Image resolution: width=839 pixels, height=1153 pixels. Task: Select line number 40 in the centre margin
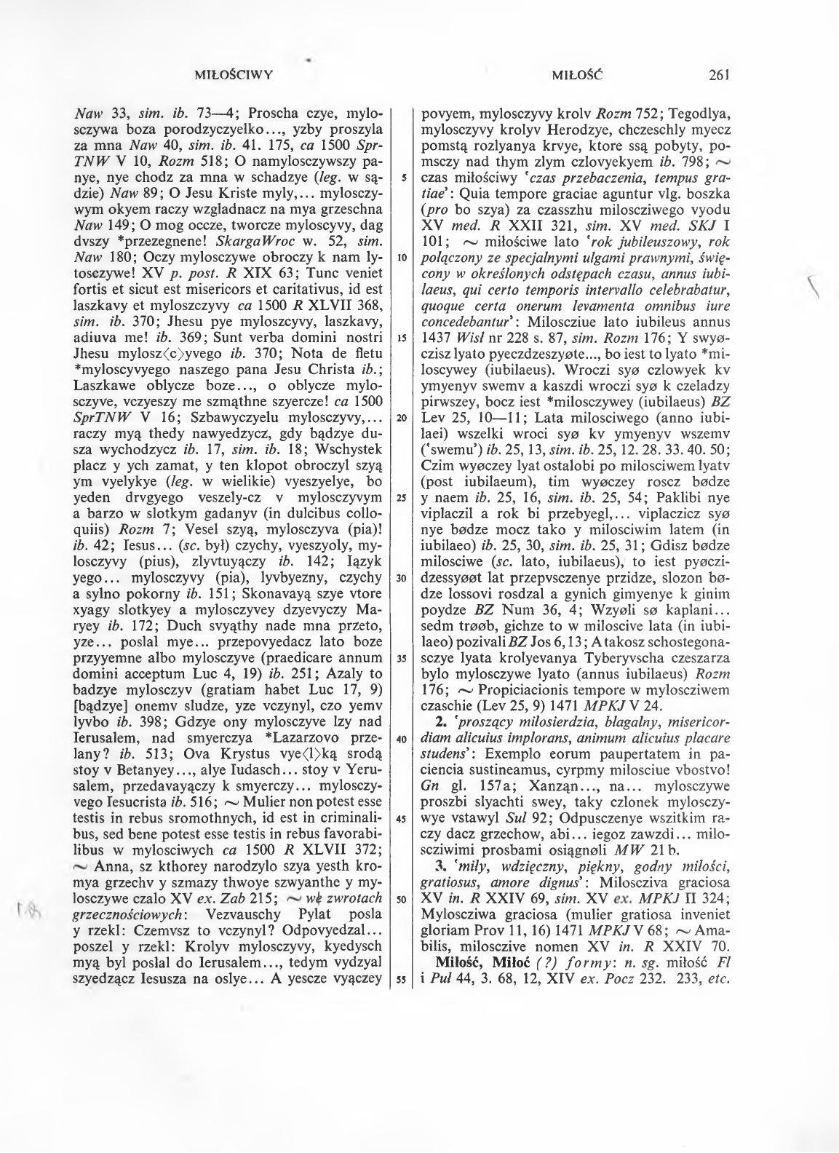pyautogui.click(x=401, y=739)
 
